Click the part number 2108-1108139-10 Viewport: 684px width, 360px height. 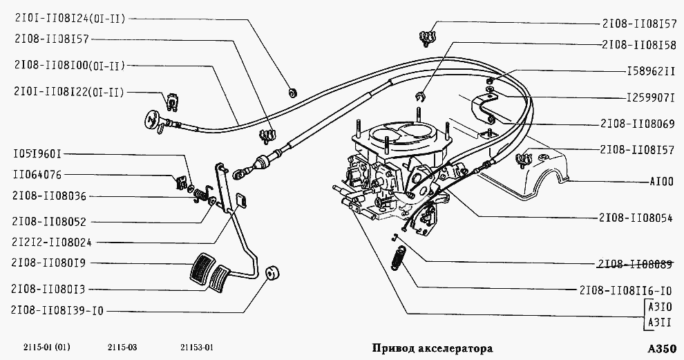click(57, 311)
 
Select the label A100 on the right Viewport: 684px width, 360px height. click(662, 183)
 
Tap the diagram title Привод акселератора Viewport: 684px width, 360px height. click(433, 348)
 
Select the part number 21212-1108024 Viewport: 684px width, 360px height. click(56, 243)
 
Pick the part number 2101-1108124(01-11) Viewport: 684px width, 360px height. click(70, 19)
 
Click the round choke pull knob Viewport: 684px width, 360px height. click(151, 120)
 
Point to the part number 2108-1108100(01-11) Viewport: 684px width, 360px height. click(68, 66)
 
